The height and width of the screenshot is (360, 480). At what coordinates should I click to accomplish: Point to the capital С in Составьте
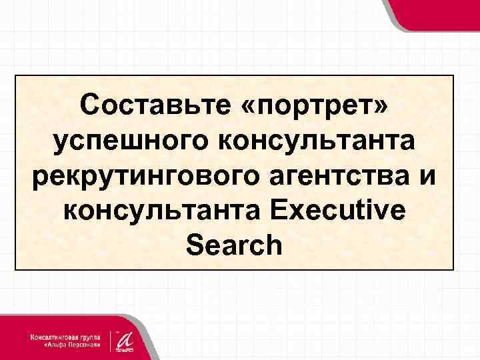89,105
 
